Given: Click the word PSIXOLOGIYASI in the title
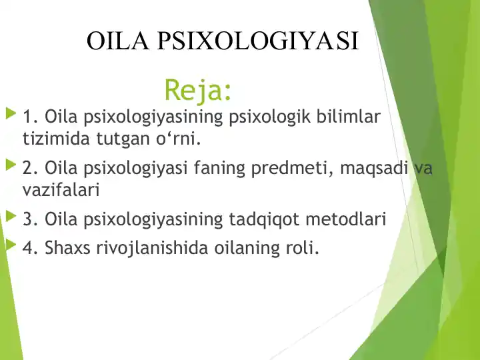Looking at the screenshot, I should [x=258, y=41].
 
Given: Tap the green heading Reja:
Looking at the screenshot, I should [x=198, y=89].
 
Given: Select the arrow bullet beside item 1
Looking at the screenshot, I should [x=10, y=115].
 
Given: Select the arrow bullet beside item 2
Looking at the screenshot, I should [x=10, y=165].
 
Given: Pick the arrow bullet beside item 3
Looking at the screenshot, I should [x=10, y=215].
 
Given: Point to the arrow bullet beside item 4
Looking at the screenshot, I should [x=10, y=245].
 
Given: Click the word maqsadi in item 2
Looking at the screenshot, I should [x=373, y=169].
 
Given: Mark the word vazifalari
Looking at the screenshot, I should [x=61, y=190].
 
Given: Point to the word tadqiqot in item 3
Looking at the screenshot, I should [x=263, y=219].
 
